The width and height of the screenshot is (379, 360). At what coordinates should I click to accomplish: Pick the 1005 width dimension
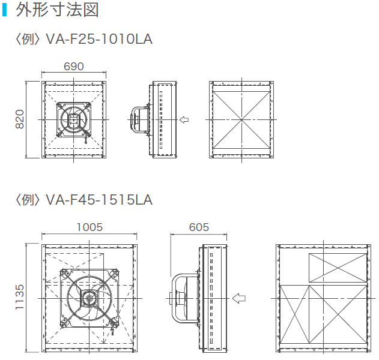pyautogui.click(x=89, y=227)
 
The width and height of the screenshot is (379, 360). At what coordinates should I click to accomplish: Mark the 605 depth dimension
pyautogui.click(x=199, y=227)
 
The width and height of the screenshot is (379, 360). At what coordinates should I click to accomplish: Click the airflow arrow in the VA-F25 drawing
pyautogui.click(x=184, y=119)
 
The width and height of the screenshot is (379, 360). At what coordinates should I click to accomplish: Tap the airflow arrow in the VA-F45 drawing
pyautogui.click(x=239, y=298)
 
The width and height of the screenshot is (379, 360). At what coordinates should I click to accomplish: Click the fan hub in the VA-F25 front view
pyautogui.click(x=74, y=119)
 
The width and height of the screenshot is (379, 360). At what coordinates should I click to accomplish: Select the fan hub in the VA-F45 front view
pyautogui.click(x=89, y=297)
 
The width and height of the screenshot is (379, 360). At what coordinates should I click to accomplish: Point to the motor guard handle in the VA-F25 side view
pyautogui.click(x=135, y=119)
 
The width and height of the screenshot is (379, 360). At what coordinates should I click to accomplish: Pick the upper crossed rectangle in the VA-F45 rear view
pyautogui.click(x=337, y=267)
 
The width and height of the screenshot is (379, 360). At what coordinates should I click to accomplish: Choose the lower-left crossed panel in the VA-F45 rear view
pyautogui.click(x=295, y=316)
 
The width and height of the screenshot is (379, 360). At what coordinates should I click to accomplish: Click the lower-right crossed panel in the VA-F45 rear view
pyautogui.click(x=338, y=316)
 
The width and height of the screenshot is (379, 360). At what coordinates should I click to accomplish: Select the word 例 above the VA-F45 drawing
pyautogui.click(x=29, y=199)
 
